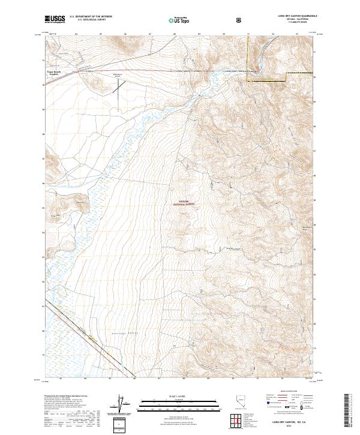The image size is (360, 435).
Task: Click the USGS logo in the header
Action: coord(54,19)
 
